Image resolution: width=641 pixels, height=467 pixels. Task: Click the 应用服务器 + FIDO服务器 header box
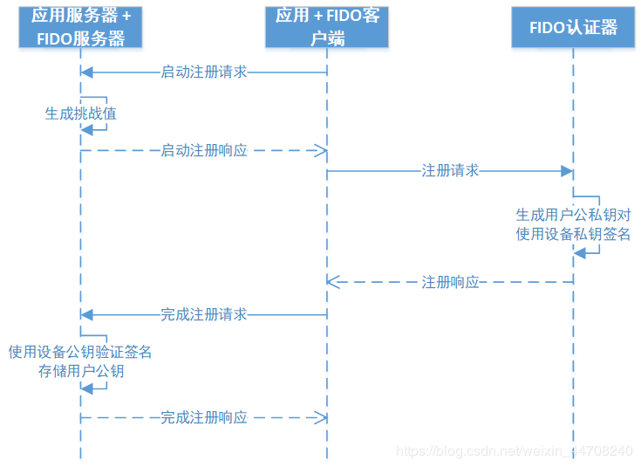tap(79, 26)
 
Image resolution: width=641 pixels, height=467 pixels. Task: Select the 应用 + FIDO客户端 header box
tap(327, 26)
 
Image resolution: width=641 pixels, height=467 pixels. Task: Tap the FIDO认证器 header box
tap(573, 27)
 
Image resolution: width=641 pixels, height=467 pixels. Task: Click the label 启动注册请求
tap(204, 72)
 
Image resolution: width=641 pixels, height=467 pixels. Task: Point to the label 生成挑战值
tap(80, 113)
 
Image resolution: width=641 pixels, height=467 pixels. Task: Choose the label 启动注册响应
tap(204, 150)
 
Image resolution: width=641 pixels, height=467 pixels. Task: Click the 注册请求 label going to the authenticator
tap(450, 171)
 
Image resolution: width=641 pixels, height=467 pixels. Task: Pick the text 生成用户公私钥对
tap(573, 215)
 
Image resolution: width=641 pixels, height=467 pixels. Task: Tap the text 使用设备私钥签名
tap(573, 233)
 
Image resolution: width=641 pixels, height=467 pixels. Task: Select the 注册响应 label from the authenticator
tap(450, 282)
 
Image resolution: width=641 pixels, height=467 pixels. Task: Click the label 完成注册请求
tap(204, 314)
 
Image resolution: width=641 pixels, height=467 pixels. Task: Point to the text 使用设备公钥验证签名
tap(80, 353)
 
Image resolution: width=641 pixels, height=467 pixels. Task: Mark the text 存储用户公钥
tap(80, 371)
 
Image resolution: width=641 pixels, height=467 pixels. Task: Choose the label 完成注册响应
tap(204, 417)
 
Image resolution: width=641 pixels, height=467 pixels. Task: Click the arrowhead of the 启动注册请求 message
tap(85, 72)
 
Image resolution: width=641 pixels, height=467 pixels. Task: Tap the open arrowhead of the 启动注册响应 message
tap(322, 150)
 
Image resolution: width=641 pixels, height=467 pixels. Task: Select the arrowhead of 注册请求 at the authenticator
tap(567, 171)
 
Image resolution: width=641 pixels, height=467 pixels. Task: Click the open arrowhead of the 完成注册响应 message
tap(322, 417)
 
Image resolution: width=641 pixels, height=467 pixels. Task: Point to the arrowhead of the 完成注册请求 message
tap(85, 314)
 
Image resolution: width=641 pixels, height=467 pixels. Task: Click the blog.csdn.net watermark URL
tap(515, 450)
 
